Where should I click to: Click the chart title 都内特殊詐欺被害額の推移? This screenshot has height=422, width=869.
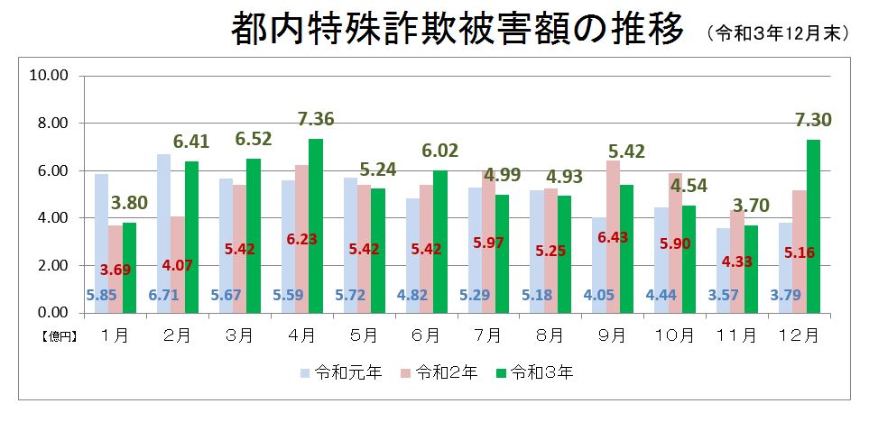coord(456,32)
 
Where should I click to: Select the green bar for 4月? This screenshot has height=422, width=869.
coord(315,225)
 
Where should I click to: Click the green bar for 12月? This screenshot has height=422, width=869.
coord(814,225)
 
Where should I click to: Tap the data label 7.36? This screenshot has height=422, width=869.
coord(315,119)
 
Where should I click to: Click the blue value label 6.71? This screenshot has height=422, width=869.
coord(164,294)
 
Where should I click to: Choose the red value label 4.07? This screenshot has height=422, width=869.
coord(178,267)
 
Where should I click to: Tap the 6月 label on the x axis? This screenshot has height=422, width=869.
coord(426,335)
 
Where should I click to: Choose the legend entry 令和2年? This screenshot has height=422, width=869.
coord(445,372)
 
